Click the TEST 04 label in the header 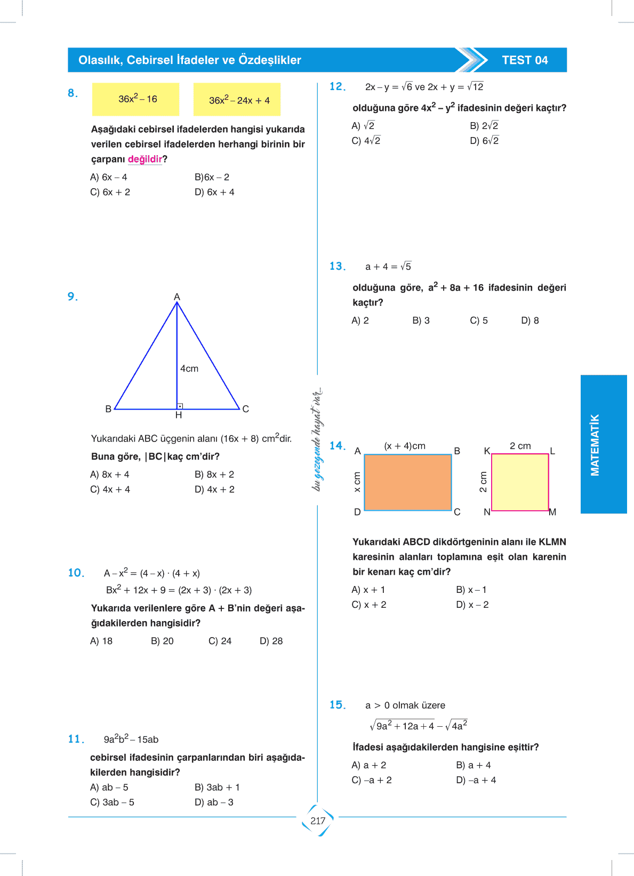525,60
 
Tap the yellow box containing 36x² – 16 135,99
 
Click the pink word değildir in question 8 145,159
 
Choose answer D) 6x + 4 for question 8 214,192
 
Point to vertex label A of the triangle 177,297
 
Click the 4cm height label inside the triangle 189,368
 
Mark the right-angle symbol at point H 180,406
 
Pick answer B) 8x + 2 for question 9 214,475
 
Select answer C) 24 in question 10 220,641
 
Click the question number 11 76,739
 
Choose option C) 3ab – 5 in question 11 112,802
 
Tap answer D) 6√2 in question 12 484,141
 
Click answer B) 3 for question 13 421,320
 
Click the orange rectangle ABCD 408,482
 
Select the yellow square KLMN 520,482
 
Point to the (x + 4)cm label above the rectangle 405,446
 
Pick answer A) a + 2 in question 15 369,765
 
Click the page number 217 318,821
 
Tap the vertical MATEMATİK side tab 595,444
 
